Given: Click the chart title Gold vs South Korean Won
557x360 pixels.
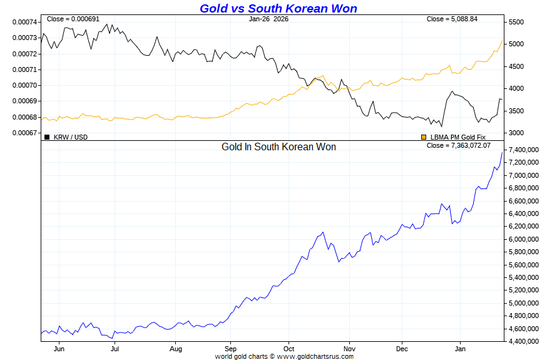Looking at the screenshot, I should (278, 8).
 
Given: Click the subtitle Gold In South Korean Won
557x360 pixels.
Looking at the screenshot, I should (278, 147).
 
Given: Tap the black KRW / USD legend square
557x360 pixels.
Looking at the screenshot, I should (47, 136).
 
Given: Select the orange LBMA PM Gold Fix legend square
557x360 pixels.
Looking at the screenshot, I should (424, 136).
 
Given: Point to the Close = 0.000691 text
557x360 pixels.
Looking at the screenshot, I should (73, 19).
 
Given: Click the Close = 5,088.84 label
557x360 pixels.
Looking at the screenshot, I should (452, 19).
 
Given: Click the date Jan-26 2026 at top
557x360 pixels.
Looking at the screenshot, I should (268, 19).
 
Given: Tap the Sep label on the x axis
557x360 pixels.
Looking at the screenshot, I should (230, 349).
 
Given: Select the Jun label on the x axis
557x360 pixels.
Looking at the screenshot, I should (59, 349).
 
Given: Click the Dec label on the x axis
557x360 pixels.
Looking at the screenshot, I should (402, 349).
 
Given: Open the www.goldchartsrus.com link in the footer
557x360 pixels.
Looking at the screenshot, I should (315, 356).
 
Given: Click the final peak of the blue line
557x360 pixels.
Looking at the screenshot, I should (502, 152).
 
